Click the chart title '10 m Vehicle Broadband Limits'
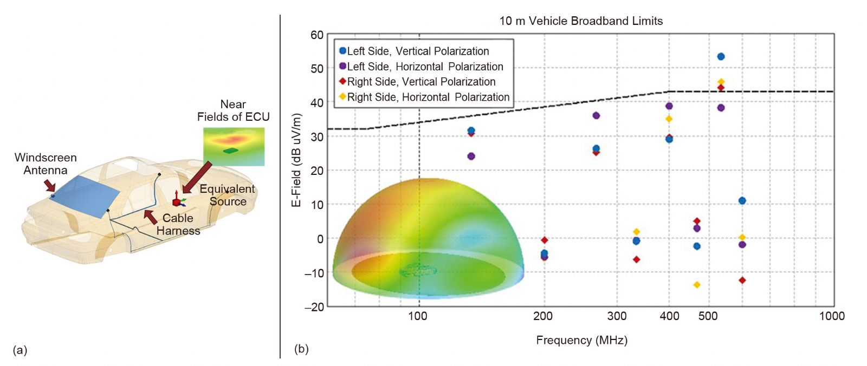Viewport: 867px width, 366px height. pyautogui.click(x=581, y=21)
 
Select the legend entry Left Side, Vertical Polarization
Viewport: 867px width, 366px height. pyautogui.click(x=418, y=51)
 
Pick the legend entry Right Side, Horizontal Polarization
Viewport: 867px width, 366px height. pyautogui.click(x=428, y=97)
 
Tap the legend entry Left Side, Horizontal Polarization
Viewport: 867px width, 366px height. pyautogui.click(x=425, y=67)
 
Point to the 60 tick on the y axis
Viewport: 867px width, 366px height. pyautogui.click(x=317, y=35)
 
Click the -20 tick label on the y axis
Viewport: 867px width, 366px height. pyautogui.click(x=314, y=307)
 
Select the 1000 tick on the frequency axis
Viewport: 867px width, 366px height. pyautogui.click(x=832, y=316)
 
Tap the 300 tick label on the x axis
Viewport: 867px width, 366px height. pyautogui.click(x=617, y=316)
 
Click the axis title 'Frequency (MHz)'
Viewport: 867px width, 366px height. pyautogui.click(x=581, y=341)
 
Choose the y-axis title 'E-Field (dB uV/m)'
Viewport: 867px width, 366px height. pyautogui.click(x=296, y=160)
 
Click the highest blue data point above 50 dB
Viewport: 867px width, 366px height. pyautogui.click(x=721, y=56)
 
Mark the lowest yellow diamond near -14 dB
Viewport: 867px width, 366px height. pyautogui.click(x=697, y=285)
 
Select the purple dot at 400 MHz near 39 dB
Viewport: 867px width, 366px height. pyautogui.click(x=669, y=106)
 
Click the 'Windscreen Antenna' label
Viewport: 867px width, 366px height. pyautogui.click(x=46, y=164)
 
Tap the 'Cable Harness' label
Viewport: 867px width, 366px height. pyautogui.click(x=178, y=224)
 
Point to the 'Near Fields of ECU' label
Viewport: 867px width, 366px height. pyautogui.click(x=233, y=110)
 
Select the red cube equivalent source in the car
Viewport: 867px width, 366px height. pyautogui.click(x=176, y=202)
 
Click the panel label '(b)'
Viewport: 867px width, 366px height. pyautogui.click(x=301, y=349)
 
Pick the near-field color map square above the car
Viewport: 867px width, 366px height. pyautogui.click(x=234, y=146)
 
